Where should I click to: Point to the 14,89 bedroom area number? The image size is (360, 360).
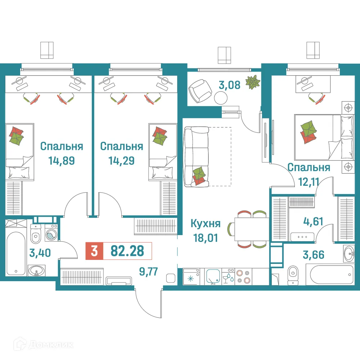point(62,160)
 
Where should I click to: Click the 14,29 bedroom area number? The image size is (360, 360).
point(121,160)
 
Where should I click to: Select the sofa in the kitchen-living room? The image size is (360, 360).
point(196,157)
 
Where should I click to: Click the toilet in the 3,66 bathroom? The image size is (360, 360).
point(293,275)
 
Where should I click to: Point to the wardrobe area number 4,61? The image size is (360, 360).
point(309,221)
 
